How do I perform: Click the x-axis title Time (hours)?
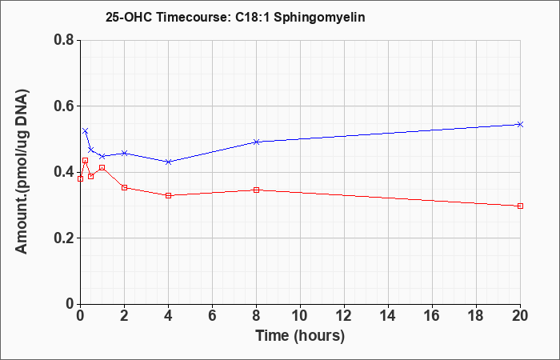pyautogui.click(x=300, y=336)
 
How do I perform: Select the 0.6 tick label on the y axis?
pyautogui.click(x=64, y=106)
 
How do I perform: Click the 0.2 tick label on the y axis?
pyautogui.click(x=64, y=238)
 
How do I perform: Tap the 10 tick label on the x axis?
pyautogui.click(x=300, y=316)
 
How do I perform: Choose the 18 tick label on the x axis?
pyautogui.click(x=476, y=316)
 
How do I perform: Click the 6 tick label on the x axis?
pyautogui.click(x=212, y=316)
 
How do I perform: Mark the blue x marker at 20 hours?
pyautogui.click(x=520, y=124)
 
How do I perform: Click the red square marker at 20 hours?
pyautogui.click(x=520, y=206)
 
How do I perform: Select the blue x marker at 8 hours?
pyautogui.click(x=256, y=142)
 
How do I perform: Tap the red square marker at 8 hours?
pyautogui.click(x=256, y=190)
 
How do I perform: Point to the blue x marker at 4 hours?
pyautogui.click(x=168, y=162)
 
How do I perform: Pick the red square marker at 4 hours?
pyautogui.click(x=168, y=195)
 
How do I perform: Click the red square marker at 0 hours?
pyautogui.click(x=80, y=178)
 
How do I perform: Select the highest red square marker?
pyautogui.click(x=85, y=160)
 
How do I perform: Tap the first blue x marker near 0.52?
pyautogui.click(x=85, y=131)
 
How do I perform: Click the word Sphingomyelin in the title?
pyautogui.click(x=319, y=17)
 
